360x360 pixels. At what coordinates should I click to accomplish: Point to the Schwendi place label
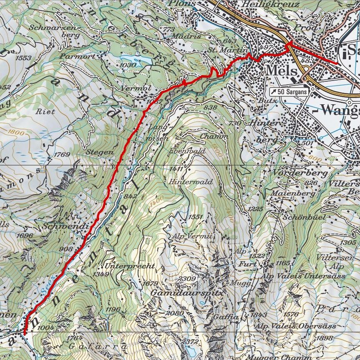(x=65, y=226)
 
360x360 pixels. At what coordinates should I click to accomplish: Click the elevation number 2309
(x=187, y=279)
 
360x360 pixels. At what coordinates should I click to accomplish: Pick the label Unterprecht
(x=130, y=266)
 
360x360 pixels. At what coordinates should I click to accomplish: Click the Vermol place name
(x=135, y=88)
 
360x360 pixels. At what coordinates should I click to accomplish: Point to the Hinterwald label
(x=191, y=182)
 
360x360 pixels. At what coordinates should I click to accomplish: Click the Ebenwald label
(x=187, y=151)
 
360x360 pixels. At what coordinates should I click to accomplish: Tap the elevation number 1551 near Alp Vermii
(x=195, y=217)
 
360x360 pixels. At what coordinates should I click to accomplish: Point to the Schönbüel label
(x=298, y=217)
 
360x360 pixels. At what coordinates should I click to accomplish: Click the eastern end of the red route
(x=337, y=63)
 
